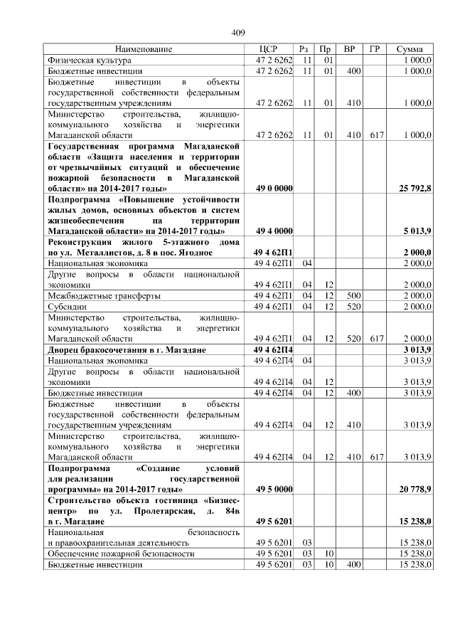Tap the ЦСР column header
coord(274,49)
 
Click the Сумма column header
coord(411,49)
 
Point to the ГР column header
coord(374,49)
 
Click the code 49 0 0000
coord(274,189)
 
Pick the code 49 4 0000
coord(274,231)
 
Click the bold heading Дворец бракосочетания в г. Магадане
coord(127,350)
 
